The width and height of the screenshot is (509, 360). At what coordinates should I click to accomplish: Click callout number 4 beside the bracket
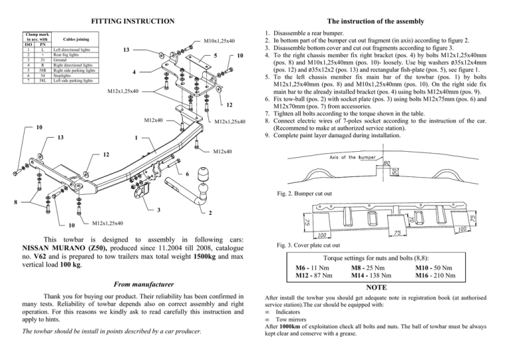pyautogui.click(x=134, y=72)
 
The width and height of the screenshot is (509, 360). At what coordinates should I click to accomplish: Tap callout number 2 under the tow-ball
pyautogui.click(x=211, y=213)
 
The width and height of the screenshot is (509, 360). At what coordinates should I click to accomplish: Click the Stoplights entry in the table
pyautogui.click(x=62, y=76)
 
